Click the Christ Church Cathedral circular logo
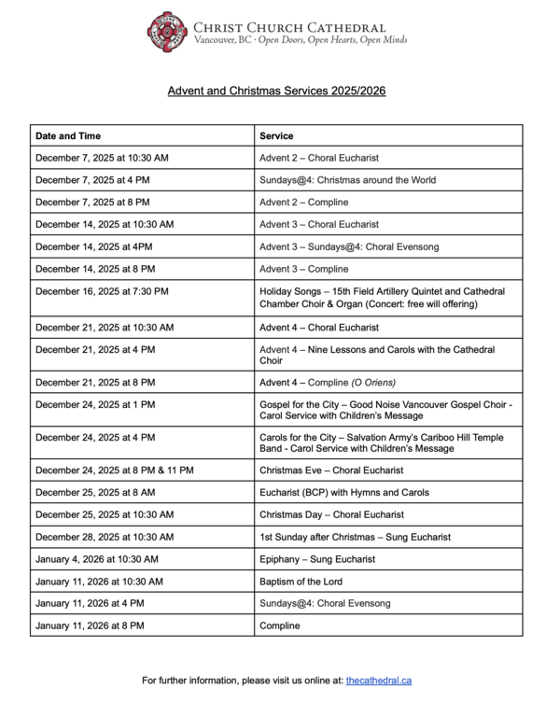[x=168, y=33]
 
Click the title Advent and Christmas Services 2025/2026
[x=276, y=91]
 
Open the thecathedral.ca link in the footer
[x=378, y=681]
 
